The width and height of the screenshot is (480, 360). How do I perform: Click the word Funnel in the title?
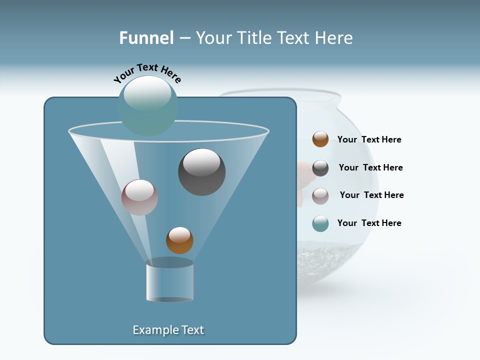click(146, 38)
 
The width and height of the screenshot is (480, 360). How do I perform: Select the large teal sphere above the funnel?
click(148, 105)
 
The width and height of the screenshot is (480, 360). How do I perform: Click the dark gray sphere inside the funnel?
click(201, 172)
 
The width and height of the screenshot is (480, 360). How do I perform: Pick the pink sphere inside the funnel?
click(139, 197)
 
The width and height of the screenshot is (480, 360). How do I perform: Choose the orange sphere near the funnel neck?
click(179, 240)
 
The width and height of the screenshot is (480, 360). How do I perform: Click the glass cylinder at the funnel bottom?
click(170, 280)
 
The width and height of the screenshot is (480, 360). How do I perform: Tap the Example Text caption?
click(168, 330)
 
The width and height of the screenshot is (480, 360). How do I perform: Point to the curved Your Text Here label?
click(147, 73)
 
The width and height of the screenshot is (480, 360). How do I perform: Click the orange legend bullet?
click(320, 139)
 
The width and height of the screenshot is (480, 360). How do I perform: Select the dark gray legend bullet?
click(320, 168)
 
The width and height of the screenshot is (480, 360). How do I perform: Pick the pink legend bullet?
click(320, 196)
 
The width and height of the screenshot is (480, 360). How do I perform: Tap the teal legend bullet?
click(320, 223)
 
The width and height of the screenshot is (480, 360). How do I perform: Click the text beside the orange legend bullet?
click(369, 140)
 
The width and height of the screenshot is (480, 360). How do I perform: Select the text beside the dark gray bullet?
click(370, 168)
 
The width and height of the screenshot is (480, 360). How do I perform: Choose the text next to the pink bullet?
click(371, 195)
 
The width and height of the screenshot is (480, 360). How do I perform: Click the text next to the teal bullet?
click(369, 223)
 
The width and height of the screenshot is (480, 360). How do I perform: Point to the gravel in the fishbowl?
click(330, 255)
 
